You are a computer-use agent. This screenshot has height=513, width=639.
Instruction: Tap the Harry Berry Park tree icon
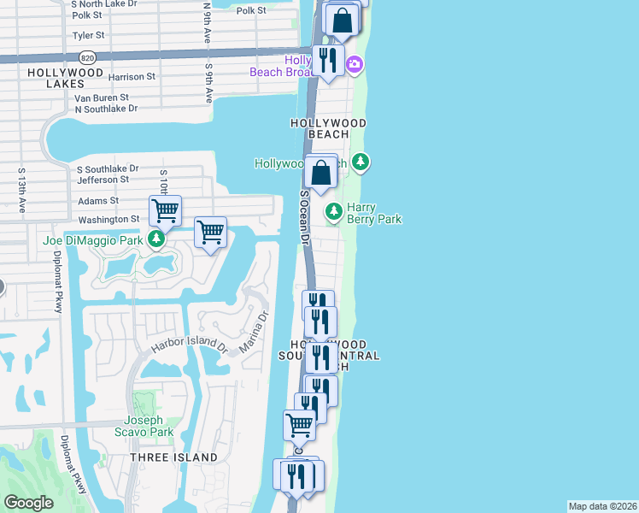pos(333,210)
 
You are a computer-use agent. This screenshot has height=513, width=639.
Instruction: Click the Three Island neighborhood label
pos(173,458)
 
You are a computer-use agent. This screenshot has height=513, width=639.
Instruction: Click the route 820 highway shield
pos(87,56)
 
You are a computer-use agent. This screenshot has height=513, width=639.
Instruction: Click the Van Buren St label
pos(101,98)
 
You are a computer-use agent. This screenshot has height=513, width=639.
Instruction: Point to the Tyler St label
pos(89,36)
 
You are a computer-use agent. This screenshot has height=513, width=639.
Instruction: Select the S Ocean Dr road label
pos(303,217)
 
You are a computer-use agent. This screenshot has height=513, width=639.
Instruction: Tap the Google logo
pos(28,503)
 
